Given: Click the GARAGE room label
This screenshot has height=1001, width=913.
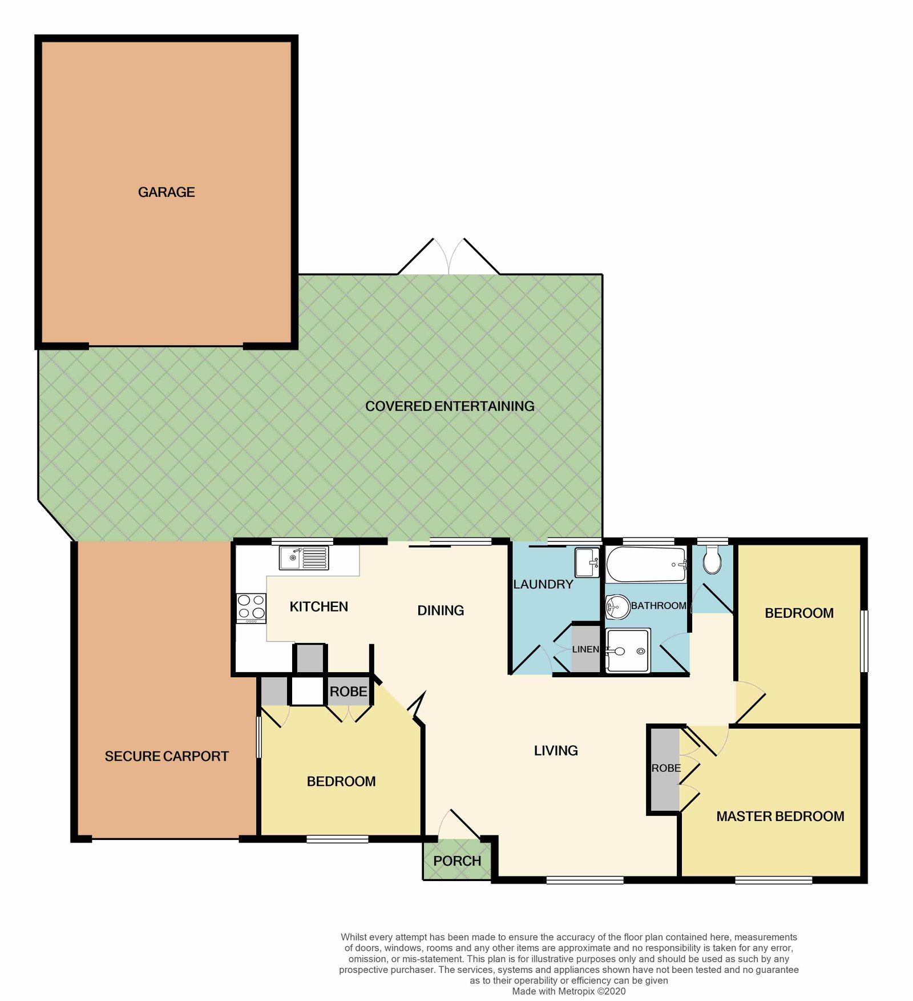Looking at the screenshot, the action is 166,192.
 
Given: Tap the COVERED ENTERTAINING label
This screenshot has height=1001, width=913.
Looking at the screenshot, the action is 450,406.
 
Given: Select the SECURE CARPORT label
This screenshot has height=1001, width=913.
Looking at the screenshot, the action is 167,756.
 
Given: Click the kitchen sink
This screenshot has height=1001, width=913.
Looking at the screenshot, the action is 304,558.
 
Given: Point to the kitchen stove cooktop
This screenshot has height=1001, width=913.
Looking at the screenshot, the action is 251,608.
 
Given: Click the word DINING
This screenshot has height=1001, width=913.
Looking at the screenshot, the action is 441,610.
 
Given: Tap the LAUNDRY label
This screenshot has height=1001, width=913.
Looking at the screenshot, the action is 543,584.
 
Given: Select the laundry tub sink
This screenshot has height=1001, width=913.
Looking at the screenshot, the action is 587,562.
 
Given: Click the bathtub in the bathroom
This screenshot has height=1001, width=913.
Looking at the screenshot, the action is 646,565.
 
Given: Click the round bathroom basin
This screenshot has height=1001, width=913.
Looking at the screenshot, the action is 617,606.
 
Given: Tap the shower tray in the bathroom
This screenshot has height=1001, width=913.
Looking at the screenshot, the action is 628,650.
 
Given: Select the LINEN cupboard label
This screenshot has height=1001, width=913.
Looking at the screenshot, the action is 585,649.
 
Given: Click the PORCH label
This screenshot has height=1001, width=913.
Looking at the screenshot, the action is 457,861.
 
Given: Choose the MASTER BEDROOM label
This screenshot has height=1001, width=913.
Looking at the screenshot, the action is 780,817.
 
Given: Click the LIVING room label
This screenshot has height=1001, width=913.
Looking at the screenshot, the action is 556,751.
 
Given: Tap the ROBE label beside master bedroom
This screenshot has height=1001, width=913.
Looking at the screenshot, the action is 666,769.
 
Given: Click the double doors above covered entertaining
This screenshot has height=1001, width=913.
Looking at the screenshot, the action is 449,257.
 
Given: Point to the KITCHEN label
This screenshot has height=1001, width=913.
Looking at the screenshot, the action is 318,606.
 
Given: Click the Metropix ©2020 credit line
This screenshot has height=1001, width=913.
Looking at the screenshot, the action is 568,991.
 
